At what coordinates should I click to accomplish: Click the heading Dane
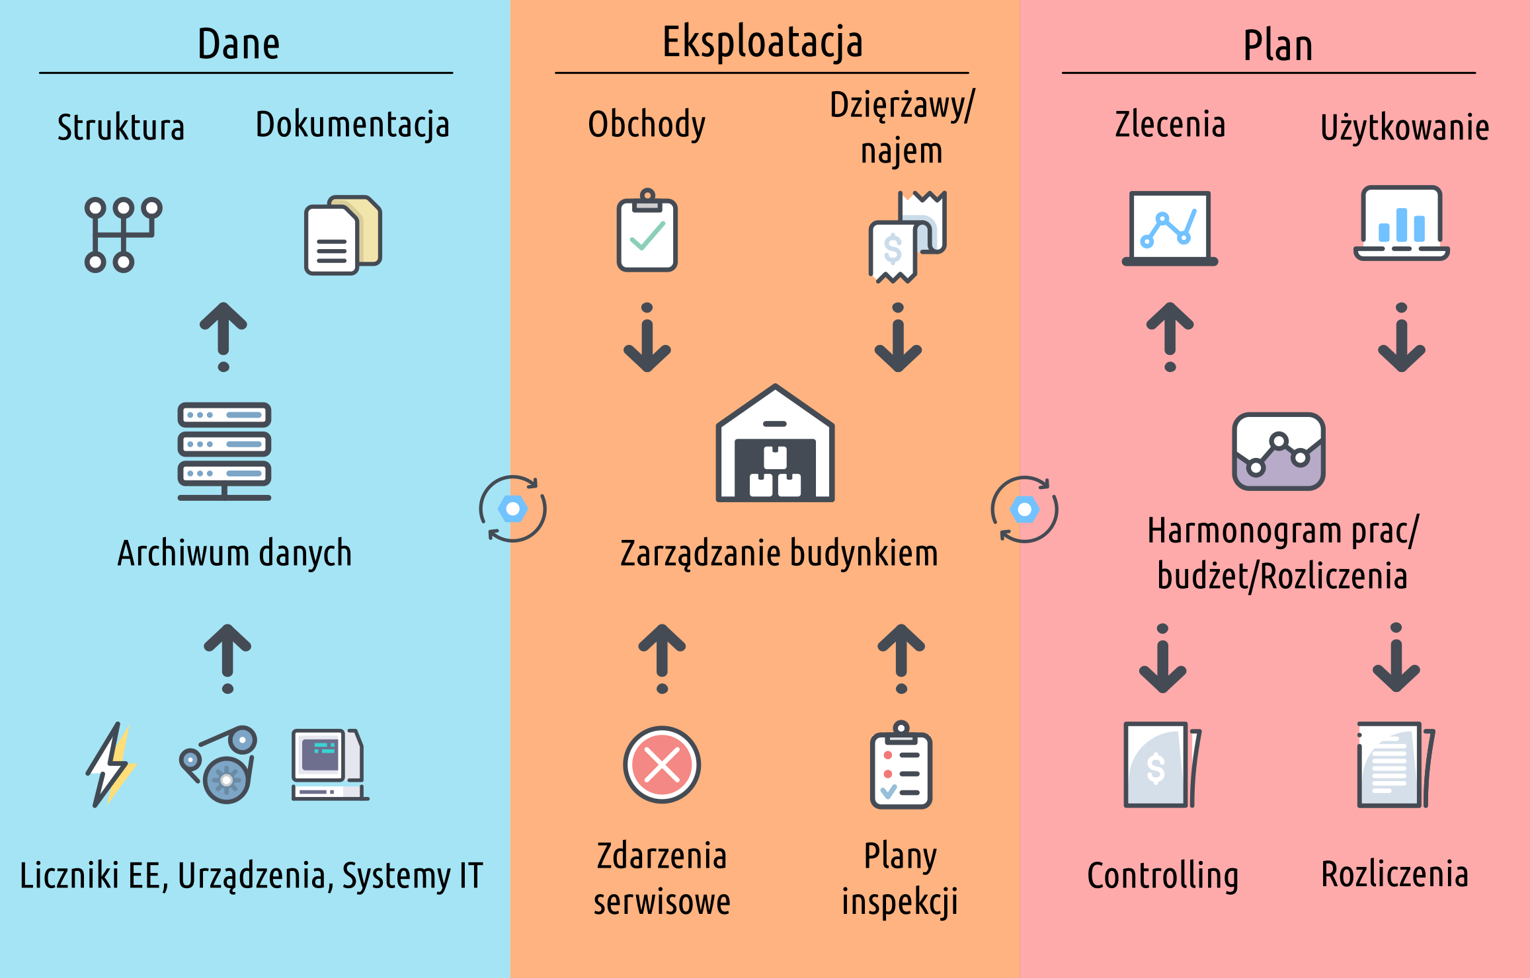coord(239,45)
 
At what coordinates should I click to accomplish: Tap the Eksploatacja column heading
coord(762,42)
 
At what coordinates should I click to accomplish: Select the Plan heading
coord(1277,46)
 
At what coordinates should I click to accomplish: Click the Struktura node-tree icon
coord(123,235)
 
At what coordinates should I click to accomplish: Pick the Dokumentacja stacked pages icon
coord(342,235)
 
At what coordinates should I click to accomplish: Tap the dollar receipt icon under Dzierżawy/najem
coord(906,237)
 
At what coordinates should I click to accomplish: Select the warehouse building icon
coord(775,444)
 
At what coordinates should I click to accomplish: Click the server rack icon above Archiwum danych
coord(224,451)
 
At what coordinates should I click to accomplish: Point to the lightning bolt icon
coord(111,765)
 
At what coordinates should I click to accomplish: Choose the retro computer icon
coord(329,765)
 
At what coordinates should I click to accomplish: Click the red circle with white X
coord(662,765)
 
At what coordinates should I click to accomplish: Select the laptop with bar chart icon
coord(1401,223)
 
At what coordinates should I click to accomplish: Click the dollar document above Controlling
coord(1162,765)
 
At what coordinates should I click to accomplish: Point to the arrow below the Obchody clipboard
coord(647,338)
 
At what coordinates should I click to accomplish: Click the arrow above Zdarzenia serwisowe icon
coord(662,658)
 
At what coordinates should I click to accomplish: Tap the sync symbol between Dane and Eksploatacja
coord(512,509)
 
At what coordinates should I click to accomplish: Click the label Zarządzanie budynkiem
coord(779,554)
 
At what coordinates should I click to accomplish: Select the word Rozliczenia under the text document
coord(1394,874)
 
